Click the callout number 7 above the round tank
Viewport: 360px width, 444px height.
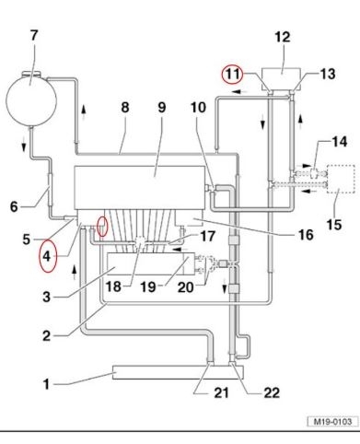click(34, 35)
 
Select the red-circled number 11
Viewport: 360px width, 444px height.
click(233, 74)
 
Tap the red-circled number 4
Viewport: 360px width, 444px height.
click(46, 256)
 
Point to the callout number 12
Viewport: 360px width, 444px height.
click(282, 37)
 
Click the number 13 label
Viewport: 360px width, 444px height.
click(328, 74)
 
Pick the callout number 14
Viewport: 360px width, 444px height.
click(340, 142)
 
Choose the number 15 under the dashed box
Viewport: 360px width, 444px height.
click(334, 225)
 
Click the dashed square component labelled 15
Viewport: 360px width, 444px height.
click(341, 179)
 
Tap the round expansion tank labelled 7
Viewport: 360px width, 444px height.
click(31, 99)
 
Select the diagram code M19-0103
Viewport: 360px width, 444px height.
click(332, 421)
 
